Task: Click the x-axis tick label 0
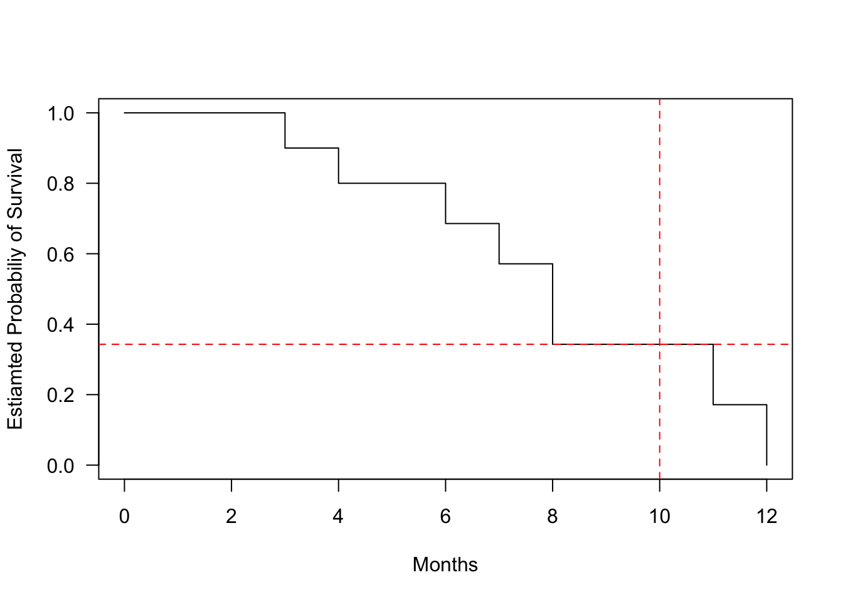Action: click(x=124, y=517)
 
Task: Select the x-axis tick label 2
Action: click(x=231, y=517)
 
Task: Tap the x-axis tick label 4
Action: click(x=338, y=517)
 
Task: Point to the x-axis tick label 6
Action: click(x=445, y=517)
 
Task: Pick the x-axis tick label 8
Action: click(x=553, y=517)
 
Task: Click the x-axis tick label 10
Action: click(x=659, y=517)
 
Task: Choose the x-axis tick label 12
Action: click(x=766, y=517)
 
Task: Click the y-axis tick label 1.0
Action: click(x=61, y=114)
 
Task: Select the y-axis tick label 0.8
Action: click(x=61, y=184)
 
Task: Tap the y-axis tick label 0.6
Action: click(x=61, y=254)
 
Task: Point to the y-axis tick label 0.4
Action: click(x=61, y=325)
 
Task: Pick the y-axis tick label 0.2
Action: click(x=61, y=395)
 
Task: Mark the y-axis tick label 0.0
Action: click(x=61, y=465)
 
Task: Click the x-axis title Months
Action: click(x=445, y=565)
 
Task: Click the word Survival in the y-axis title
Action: click(x=15, y=181)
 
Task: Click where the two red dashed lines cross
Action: click(x=660, y=344)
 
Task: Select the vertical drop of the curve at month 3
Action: click(x=285, y=130)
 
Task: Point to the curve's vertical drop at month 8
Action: click(x=553, y=304)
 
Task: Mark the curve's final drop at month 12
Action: click(x=766, y=435)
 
